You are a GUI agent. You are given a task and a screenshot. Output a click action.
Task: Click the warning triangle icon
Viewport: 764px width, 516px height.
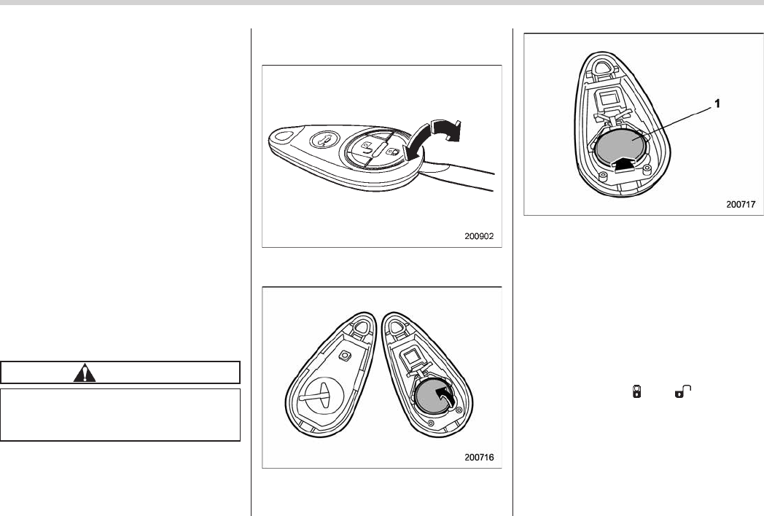pos(85,372)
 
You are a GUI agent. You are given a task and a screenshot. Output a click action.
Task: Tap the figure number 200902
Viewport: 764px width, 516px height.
pos(479,236)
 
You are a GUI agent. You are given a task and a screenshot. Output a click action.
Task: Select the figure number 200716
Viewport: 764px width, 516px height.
pos(479,458)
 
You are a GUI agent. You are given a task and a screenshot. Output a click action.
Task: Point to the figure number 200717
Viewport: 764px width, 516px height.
pos(741,205)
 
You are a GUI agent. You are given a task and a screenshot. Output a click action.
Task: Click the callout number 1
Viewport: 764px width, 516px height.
pos(717,103)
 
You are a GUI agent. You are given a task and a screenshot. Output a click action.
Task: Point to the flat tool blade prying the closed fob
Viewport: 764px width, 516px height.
pos(458,176)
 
